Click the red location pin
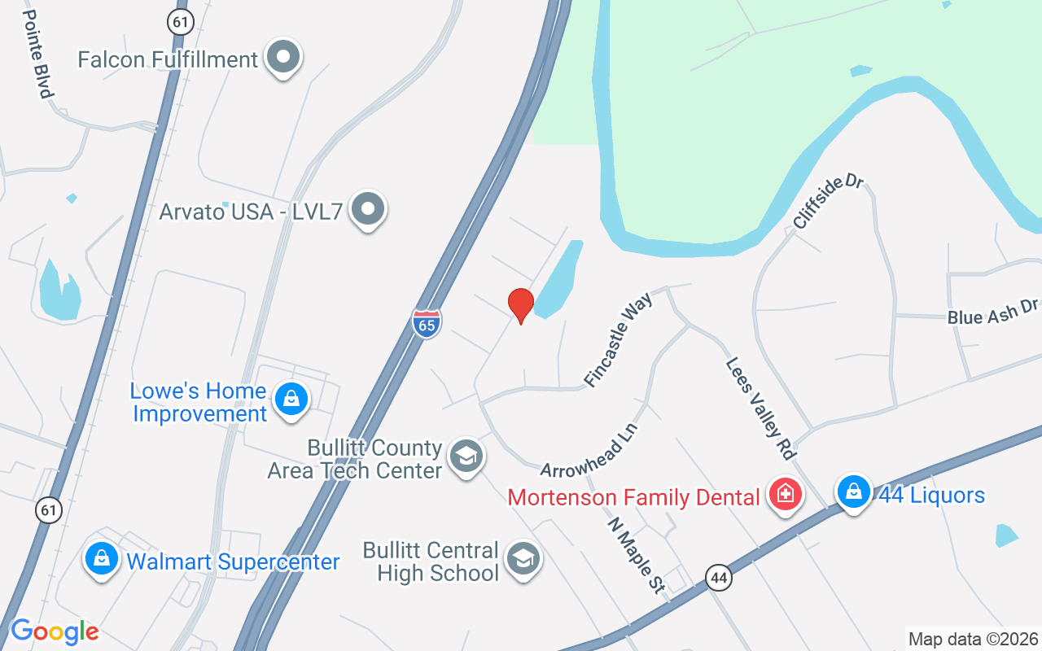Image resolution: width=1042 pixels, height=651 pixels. (520, 305)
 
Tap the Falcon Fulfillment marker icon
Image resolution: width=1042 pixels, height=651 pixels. (283, 58)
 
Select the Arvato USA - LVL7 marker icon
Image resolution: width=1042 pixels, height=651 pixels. (368, 210)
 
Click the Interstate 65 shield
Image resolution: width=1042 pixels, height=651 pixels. (427, 323)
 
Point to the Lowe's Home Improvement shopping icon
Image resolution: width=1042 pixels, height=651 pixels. (291, 400)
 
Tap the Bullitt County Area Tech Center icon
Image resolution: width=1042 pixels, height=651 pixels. (466, 457)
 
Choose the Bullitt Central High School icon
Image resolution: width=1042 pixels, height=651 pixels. (523, 559)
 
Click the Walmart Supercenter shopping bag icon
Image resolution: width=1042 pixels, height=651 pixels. (102, 559)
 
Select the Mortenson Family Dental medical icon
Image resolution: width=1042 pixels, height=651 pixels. (786, 494)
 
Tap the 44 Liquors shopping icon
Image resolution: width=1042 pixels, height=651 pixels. (853, 492)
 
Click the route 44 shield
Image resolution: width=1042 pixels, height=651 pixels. (718, 578)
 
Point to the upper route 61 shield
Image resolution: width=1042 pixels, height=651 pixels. (181, 21)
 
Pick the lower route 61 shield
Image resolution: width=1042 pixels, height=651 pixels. (49, 510)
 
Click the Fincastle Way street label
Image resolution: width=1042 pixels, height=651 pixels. (619, 343)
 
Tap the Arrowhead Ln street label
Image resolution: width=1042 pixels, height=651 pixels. (589, 450)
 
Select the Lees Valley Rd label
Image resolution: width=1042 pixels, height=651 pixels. (760, 408)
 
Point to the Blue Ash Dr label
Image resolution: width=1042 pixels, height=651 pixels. (993, 311)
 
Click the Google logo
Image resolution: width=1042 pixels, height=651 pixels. (55, 631)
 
